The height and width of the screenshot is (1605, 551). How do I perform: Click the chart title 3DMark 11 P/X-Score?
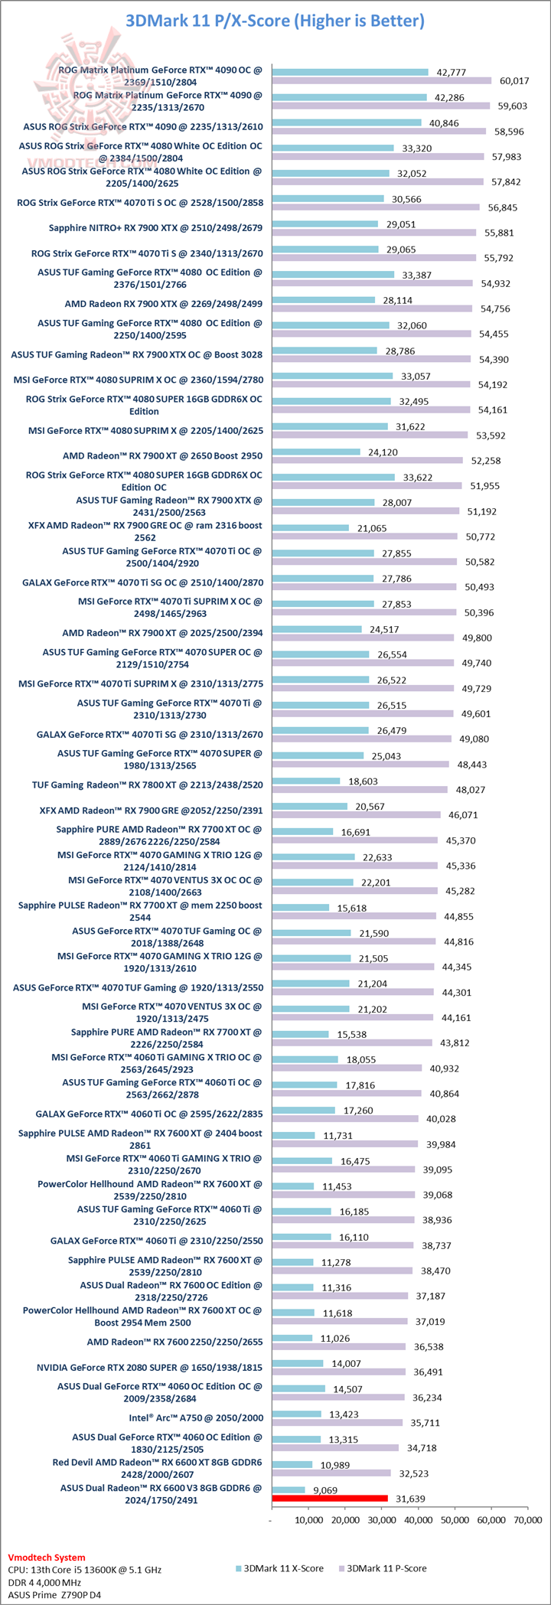tap(275, 21)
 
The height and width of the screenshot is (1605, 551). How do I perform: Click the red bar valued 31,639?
tap(330, 1499)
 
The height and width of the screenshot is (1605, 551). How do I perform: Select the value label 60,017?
tap(514, 80)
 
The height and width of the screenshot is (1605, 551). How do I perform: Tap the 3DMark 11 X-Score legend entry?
tap(279, 1568)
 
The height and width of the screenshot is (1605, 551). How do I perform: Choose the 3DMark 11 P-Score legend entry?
tap(382, 1568)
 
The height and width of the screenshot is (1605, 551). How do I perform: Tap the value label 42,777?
tap(451, 72)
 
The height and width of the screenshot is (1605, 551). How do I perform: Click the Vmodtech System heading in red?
tap(47, 1557)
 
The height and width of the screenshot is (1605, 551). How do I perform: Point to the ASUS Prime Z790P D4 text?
tap(54, 1594)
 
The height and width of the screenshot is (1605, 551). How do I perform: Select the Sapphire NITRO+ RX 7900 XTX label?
tap(155, 227)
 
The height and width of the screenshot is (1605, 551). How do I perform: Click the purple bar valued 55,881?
tap(373, 233)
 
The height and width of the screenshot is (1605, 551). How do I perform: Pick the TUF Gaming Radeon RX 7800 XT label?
tap(147, 785)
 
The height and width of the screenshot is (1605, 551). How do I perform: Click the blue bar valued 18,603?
tap(305, 781)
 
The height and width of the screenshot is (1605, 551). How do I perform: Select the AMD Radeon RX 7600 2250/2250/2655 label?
tap(174, 1342)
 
